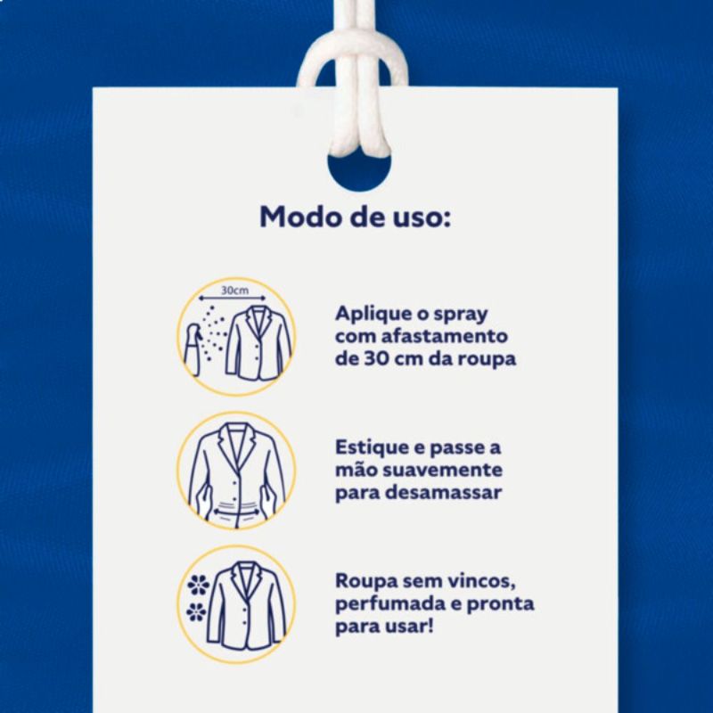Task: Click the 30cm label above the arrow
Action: (x=235, y=291)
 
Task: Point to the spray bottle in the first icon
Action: (x=193, y=349)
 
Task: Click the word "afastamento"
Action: (x=444, y=337)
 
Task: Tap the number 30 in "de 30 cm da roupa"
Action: (x=375, y=359)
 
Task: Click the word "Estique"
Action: (x=372, y=448)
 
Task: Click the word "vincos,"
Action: (x=482, y=582)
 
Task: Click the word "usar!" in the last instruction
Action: (x=409, y=627)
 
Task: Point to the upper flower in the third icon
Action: (x=199, y=585)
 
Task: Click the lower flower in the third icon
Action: (x=196, y=611)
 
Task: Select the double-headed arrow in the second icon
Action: (x=237, y=512)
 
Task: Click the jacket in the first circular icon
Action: (x=258, y=343)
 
